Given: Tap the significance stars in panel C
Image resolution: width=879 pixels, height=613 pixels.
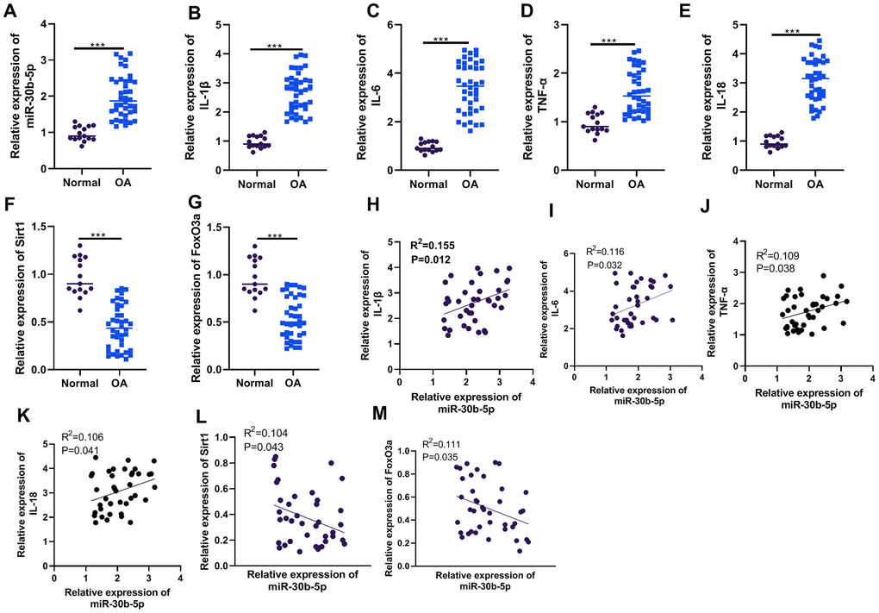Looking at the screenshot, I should (x=446, y=35).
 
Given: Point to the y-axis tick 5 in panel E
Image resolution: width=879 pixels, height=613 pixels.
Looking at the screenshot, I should (x=741, y=24).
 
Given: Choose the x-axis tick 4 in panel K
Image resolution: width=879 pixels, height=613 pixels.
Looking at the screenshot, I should (x=179, y=571).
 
